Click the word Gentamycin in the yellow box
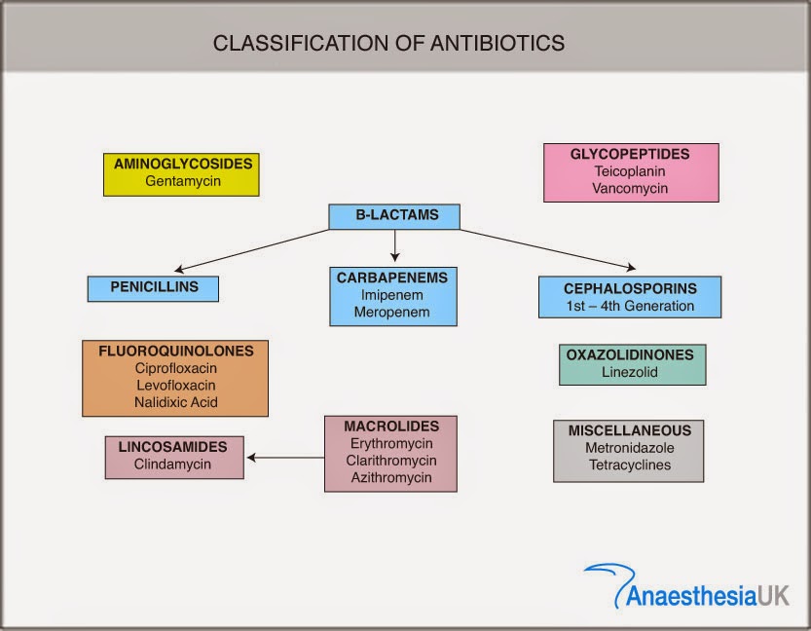(181, 181)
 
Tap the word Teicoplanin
(630, 171)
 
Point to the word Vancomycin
(630, 188)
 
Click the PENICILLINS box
(153, 288)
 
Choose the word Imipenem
(393, 295)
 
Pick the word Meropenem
(393, 313)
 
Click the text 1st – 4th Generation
(630, 306)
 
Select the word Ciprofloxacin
(176, 368)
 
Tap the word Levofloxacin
(176, 386)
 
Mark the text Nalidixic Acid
(176, 402)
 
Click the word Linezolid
(631, 373)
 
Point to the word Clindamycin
(173, 464)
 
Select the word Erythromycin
(391, 443)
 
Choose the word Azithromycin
(391, 478)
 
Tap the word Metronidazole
(628, 448)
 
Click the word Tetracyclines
(628, 465)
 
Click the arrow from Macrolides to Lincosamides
(284, 457)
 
